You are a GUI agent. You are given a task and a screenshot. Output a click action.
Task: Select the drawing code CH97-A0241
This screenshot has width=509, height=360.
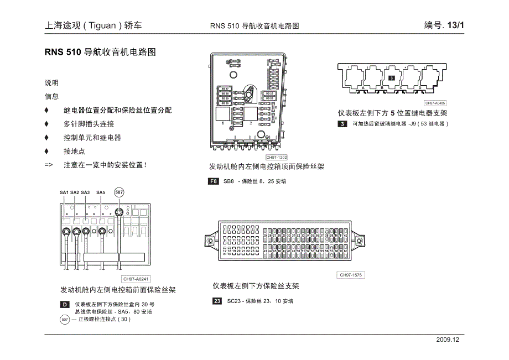coord(136,279)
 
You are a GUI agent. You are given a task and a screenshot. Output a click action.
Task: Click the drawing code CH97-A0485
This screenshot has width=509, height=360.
coord(435,103)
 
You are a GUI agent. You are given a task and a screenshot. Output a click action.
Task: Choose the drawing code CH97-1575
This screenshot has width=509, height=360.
coord(351,275)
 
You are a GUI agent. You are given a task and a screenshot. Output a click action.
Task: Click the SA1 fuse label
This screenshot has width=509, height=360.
coord(64,192)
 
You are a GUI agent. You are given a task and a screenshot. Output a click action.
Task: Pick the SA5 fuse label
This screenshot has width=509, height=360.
coord(101,192)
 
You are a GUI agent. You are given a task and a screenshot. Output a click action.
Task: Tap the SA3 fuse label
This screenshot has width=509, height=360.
coord(85,192)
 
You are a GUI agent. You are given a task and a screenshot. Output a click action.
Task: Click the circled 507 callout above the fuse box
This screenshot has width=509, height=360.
coord(118,192)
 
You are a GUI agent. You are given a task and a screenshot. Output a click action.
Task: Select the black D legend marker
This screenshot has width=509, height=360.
coord(65,305)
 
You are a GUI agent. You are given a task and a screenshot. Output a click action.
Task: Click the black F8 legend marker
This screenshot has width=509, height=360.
coord(214,181)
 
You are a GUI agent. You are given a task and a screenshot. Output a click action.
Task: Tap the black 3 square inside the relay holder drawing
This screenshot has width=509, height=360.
coord(392,79)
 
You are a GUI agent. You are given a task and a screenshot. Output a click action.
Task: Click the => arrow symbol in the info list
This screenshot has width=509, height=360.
coord(49,165)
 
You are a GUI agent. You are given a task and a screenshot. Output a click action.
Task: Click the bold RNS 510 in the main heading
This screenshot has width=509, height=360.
coord(62,53)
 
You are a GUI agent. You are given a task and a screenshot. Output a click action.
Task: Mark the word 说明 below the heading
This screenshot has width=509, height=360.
coord(51,82)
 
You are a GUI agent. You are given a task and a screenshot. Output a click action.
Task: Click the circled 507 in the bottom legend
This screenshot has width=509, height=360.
coord(65,319)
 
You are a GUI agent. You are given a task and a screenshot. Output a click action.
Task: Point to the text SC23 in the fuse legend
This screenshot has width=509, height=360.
coord(234,301)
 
